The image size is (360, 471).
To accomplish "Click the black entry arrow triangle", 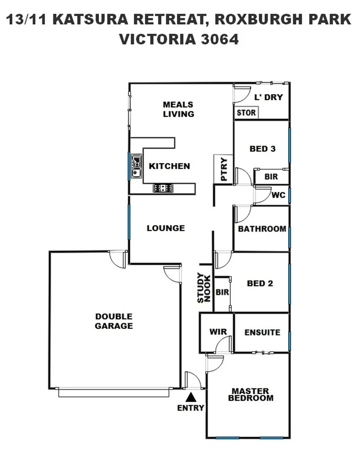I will point(191,397).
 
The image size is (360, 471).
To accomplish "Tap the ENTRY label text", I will point(191,408).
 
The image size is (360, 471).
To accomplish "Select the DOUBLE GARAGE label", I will point(114,321).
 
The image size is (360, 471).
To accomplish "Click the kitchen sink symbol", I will point(136,166).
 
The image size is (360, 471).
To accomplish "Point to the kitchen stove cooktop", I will point(163,188).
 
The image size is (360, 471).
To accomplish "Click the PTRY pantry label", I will point(224,170).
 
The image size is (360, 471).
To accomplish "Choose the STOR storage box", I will point(246,113).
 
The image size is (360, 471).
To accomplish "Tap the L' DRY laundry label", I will point(269,97).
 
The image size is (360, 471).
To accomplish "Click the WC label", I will point(278,195).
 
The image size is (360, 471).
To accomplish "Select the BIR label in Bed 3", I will point(271,176).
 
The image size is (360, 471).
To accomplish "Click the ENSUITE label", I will point(262,332).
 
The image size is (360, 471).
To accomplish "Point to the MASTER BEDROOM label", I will point(251,394).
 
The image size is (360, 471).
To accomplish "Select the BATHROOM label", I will point(262,229).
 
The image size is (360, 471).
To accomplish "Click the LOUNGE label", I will point(166,228).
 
